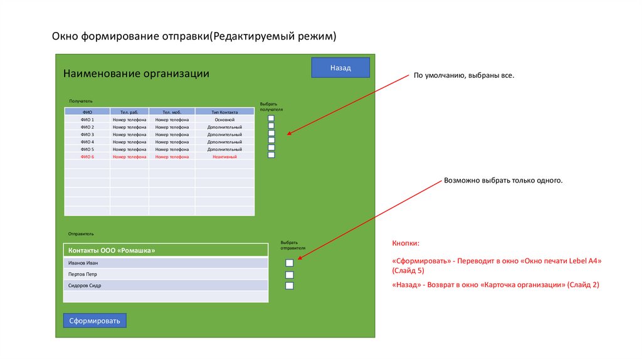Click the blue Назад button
tap(340, 68)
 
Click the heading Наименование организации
tap(136, 74)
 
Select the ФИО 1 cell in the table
tap(87, 119)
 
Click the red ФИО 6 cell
tap(87, 157)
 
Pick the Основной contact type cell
tap(224, 119)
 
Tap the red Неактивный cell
tap(224, 157)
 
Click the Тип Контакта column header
tap(224, 112)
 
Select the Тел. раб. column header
tap(129, 112)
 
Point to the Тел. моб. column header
tap(171, 112)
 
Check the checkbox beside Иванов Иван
tap(290, 263)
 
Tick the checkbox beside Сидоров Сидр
tap(290, 286)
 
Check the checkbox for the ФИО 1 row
tap(271, 118)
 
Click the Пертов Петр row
tap(166, 274)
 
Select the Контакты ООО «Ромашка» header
tap(166, 250)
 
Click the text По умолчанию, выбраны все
tap(463, 75)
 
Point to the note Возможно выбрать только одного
tap(503, 181)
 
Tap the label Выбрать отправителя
tap(289, 245)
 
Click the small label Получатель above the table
tap(81, 100)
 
